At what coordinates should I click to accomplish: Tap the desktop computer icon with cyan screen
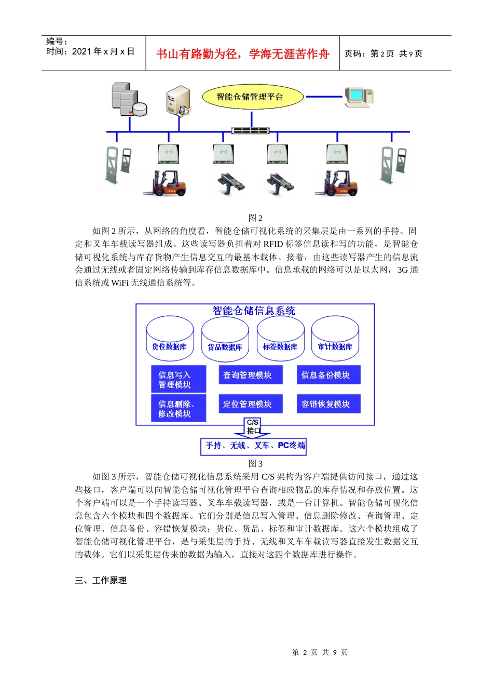click(x=359, y=96)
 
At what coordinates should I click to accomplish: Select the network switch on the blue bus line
click(x=250, y=130)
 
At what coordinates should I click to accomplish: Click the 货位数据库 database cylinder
click(x=170, y=339)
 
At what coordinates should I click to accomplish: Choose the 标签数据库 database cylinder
click(x=280, y=339)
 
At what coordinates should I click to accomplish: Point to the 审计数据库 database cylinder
click(x=335, y=339)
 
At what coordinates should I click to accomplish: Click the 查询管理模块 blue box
click(x=251, y=375)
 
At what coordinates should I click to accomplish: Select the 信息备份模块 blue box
click(x=328, y=375)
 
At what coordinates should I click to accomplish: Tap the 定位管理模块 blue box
click(x=251, y=404)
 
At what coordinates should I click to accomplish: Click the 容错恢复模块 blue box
click(x=328, y=404)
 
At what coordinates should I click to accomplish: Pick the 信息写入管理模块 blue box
click(x=179, y=380)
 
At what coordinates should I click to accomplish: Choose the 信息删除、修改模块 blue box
click(x=179, y=408)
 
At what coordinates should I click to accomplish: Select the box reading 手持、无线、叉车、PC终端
click(x=254, y=446)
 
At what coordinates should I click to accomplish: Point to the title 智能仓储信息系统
click(x=254, y=311)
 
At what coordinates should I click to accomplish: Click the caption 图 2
click(x=255, y=218)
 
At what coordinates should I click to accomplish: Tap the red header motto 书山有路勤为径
click(x=243, y=54)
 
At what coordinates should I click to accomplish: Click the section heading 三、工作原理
click(x=101, y=581)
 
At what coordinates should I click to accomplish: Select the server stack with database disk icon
click(x=129, y=100)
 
